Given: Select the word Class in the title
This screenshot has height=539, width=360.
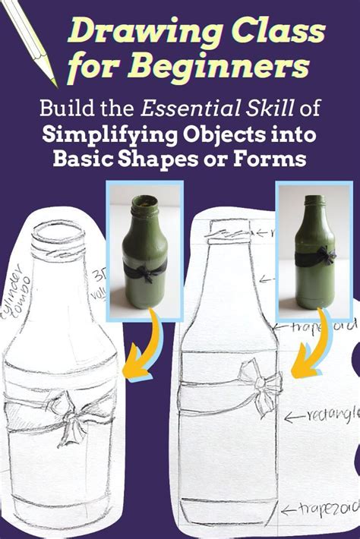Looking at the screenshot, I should pos(273,32).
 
